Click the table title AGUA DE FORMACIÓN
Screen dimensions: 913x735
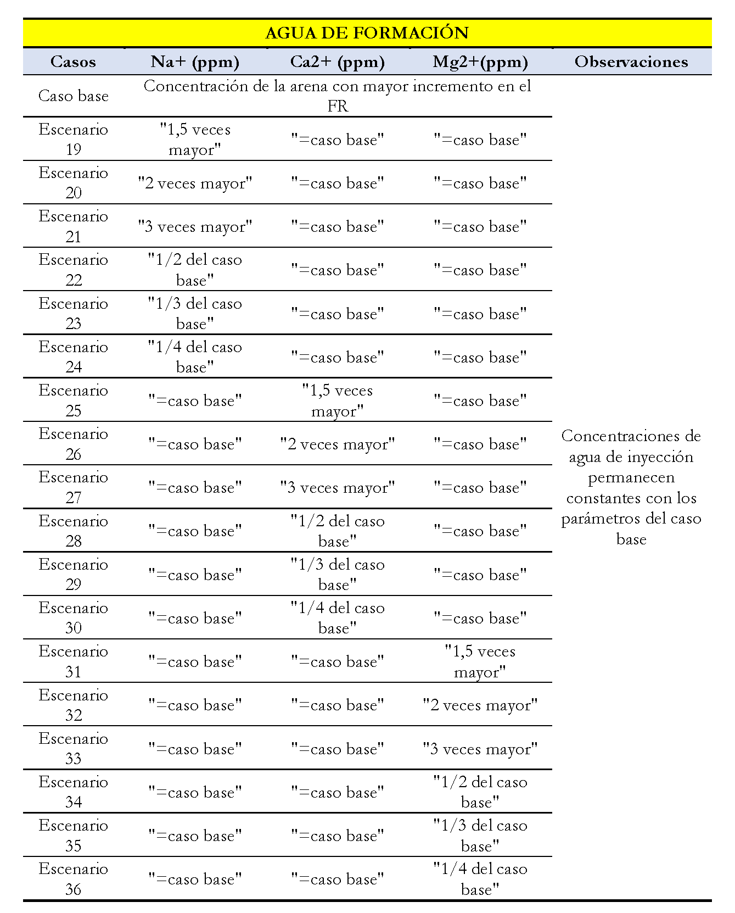[x=367, y=33]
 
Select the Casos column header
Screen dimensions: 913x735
[x=73, y=62]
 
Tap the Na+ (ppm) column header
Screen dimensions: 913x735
[x=195, y=62]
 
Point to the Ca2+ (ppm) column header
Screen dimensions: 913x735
[x=337, y=62]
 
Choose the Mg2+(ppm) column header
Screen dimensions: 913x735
[x=480, y=62]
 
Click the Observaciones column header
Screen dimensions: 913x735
[x=631, y=62]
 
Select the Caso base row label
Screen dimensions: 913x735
[x=73, y=96]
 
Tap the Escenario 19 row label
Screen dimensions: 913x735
[x=73, y=139]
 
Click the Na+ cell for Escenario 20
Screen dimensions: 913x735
[x=195, y=183]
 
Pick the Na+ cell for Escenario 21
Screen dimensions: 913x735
[x=195, y=226]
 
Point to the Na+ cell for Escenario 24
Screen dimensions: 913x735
[x=195, y=357]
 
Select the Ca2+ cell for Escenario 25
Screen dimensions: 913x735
[x=337, y=400]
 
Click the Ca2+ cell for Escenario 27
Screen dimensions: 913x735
[x=337, y=487]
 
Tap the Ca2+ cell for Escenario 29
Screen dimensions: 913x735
[x=337, y=575]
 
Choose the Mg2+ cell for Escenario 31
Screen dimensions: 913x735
[x=480, y=661]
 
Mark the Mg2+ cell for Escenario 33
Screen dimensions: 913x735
[x=480, y=749]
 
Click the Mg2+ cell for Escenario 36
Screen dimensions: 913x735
[x=480, y=879]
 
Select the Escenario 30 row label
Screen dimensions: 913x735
[x=73, y=618]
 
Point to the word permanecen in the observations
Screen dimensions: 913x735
[x=631, y=477]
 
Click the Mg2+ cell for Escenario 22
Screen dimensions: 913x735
[x=480, y=270]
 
